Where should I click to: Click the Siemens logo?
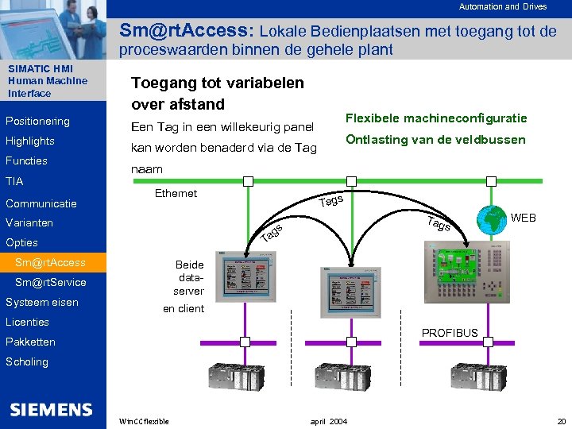52,410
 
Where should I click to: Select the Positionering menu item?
37,122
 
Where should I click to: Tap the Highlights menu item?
30,141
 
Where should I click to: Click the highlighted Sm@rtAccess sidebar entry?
50,263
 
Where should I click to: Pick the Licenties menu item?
28,323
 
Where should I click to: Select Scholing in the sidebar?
27,362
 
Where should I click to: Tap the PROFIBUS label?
450,333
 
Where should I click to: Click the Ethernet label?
176,193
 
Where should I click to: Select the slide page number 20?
562,421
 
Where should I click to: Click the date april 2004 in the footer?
328,421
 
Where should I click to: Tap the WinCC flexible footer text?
143,421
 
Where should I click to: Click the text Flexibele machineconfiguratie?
436,118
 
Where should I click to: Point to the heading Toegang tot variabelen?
217,83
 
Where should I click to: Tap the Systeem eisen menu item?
42,303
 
